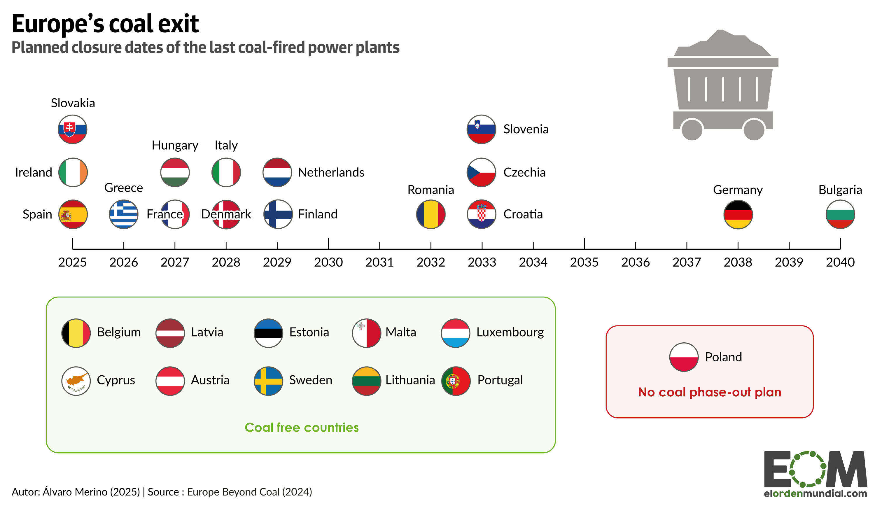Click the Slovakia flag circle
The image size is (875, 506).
pyautogui.click(x=72, y=129)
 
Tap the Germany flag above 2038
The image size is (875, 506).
pyautogui.click(x=738, y=214)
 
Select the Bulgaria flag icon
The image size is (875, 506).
pyautogui.click(x=840, y=214)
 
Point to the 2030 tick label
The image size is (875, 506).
pyautogui.click(x=328, y=262)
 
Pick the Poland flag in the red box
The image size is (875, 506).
pyautogui.click(x=683, y=357)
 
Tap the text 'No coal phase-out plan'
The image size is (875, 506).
pyautogui.click(x=709, y=392)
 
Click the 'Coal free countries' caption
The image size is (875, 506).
pyautogui.click(x=301, y=427)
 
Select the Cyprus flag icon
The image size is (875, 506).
pyautogui.click(x=76, y=381)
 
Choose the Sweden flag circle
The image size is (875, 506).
pyautogui.click(x=268, y=381)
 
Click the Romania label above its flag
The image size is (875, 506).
pyautogui.click(x=430, y=190)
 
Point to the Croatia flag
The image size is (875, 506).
pyautogui.click(x=481, y=214)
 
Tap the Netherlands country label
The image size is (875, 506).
pyautogui.click(x=331, y=172)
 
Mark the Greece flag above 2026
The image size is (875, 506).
pyautogui.click(x=123, y=214)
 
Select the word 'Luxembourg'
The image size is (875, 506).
pyautogui.click(x=510, y=332)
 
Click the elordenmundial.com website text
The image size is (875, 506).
pyautogui.click(x=815, y=493)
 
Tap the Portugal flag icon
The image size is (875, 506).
pyautogui.click(x=456, y=381)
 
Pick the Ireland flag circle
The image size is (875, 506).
pyautogui.click(x=73, y=172)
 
